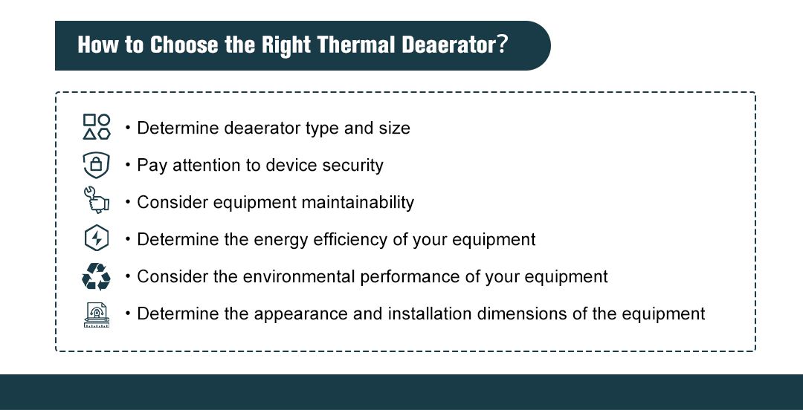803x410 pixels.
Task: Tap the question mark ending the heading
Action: pyautogui.click(x=503, y=45)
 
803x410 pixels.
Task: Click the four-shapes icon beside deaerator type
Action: pyautogui.click(x=97, y=127)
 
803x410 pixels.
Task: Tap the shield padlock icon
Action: pyautogui.click(x=97, y=164)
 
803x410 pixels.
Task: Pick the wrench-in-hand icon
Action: pyautogui.click(x=97, y=201)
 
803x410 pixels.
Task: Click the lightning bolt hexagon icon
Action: pyautogui.click(x=97, y=239)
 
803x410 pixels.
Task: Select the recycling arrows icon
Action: pyautogui.click(x=97, y=276)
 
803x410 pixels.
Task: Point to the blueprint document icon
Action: pyautogui.click(x=97, y=314)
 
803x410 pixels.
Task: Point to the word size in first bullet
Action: pyautogui.click(x=394, y=128)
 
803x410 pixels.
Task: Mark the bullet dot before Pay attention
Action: pyautogui.click(x=128, y=164)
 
